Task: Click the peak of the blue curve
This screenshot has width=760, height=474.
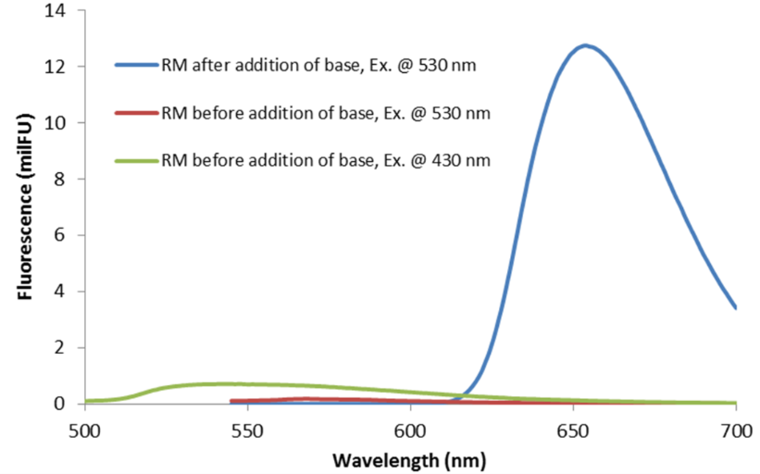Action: (585, 44)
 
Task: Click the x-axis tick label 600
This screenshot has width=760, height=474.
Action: (410, 430)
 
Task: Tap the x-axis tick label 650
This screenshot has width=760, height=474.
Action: (573, 430)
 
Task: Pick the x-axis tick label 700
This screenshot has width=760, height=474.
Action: (735, 430)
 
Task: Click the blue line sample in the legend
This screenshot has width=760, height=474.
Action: (136, 65)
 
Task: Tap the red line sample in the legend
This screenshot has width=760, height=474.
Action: (136, 114)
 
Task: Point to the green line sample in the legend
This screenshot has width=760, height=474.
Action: (136, 160)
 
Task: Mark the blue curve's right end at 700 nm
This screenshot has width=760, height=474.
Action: (735, 307)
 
